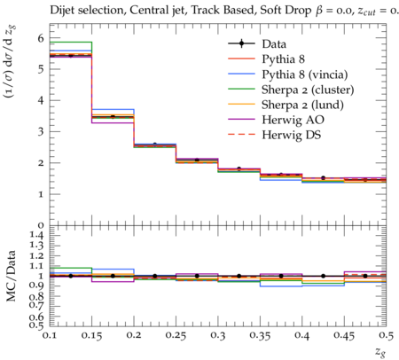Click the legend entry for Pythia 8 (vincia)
(305, 74)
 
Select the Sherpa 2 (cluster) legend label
(308, 90)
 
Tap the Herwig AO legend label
(293, 120)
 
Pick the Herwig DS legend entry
(292, 135)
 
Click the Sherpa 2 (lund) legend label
(302, 105)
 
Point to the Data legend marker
(241, 43)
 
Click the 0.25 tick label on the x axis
(176, 336)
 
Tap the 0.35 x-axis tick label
(260, 336)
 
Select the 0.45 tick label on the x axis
(344, 336)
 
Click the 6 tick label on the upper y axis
(41, 38)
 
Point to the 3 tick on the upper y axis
(41, 131)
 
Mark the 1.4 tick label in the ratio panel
(37, 236)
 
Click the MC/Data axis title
(11, 276)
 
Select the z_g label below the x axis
(380, 351)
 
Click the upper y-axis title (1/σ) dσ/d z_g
(10, 61)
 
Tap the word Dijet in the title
(62, 11)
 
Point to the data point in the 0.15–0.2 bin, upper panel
(113, 117)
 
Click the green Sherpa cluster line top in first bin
(71, 43)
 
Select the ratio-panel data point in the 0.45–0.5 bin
(365, 276)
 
